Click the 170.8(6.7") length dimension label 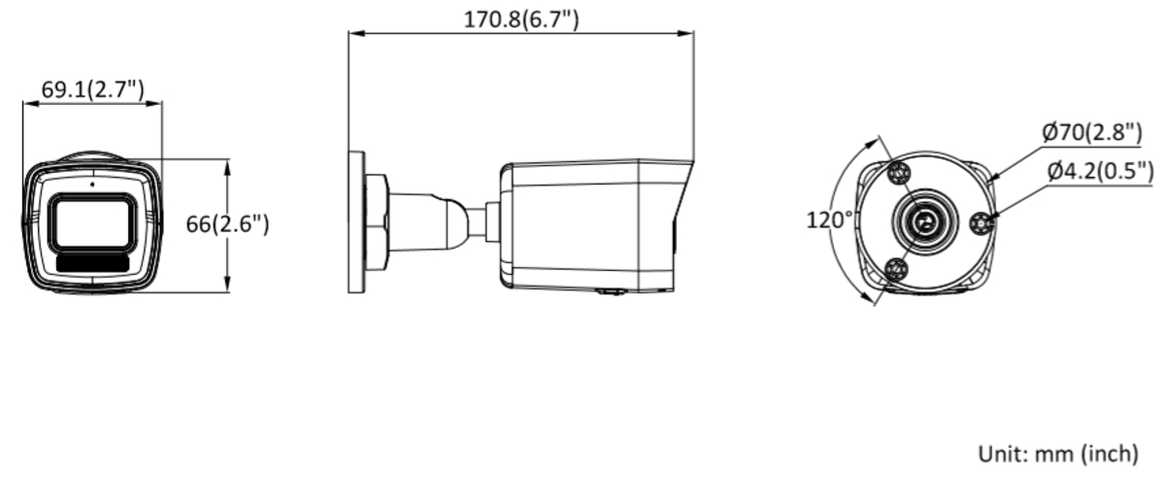pos(521,19)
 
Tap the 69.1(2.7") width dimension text pos(92,89)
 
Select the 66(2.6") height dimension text pos(228,223)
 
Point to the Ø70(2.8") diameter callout pos(1093,132)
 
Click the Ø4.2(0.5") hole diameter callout pos(1101,171)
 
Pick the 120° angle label pos(829,220)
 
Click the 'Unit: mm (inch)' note pos(1058,454)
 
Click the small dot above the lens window pos(92,185)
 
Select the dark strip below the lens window pos(92,263)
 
